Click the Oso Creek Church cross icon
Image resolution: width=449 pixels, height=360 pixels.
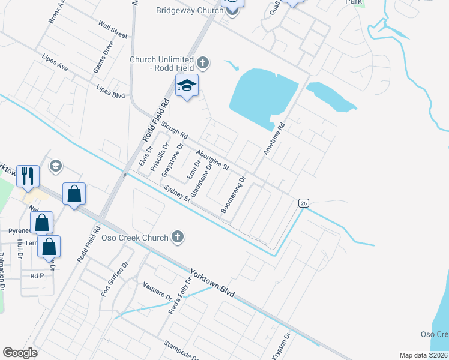[x=177, y=238]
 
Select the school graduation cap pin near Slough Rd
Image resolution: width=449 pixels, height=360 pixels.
[x=187, y=86]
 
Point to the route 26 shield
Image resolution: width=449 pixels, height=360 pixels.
[x=304, y=203]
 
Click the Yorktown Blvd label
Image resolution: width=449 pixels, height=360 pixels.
[x=211, y=281]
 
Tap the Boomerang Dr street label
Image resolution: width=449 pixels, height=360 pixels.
[x=234, y=194]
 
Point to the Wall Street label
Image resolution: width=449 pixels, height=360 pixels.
[x=113, y=31]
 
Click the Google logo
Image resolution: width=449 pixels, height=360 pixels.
[x=20, y=353]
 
